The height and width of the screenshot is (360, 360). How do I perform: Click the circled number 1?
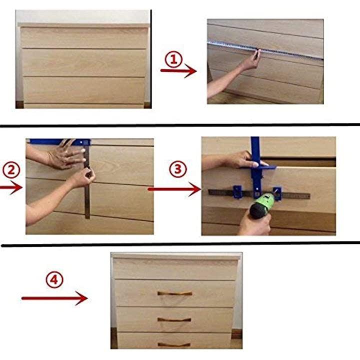coord(173,59)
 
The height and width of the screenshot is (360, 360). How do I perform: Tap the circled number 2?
coord(11,170)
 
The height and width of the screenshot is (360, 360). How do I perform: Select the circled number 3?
coord(178,169)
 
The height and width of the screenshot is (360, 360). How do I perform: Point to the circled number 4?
coord(54,279)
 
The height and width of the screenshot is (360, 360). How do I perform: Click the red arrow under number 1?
coord(178,70)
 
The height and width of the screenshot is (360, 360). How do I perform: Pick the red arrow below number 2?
coord(11,187)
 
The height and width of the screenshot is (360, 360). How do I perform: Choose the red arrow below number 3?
coord(174,189)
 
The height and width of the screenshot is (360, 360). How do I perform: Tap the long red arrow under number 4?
coord(54,298)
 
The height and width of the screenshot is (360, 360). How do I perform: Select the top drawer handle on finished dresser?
coord(174,293)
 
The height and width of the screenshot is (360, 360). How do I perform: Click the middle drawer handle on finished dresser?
coord(174,319)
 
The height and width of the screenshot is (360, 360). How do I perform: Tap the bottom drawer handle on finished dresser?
coord(174,344)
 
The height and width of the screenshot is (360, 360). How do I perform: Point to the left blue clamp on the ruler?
coord(237,192)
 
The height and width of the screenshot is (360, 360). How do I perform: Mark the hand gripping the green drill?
coord(255,223)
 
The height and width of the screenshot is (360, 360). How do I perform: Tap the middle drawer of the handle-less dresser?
coord(84,62)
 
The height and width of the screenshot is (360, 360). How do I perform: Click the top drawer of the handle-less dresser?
coord(84,37)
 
